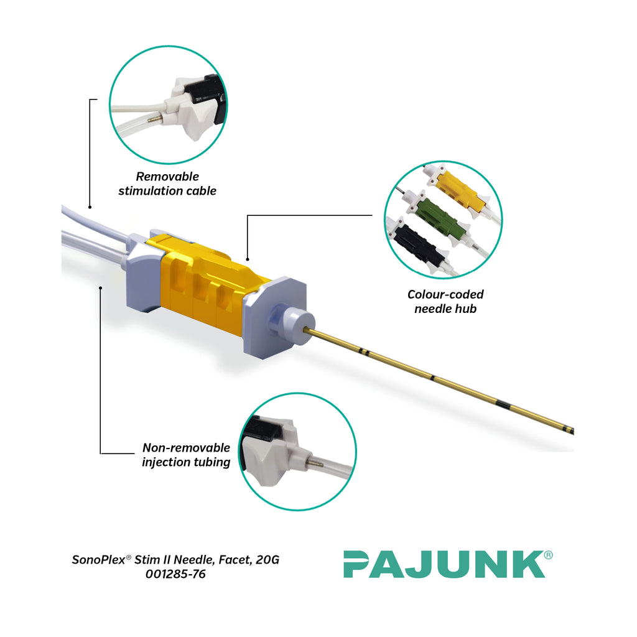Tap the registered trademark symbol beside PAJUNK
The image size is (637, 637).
pos(548,555)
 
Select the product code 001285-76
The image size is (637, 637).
pos(175,574)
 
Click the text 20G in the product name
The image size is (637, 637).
pos(267,560)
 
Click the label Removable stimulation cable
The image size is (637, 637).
pos(167,184)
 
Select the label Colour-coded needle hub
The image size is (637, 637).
pos(445,301)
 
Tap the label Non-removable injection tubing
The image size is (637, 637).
pos(186,455)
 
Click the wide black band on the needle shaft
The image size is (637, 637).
pos(503,406)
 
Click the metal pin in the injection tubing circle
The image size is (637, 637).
pos(317,462)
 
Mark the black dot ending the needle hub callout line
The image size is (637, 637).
pos(248,259)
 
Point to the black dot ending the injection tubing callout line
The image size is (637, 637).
pos(101,287)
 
